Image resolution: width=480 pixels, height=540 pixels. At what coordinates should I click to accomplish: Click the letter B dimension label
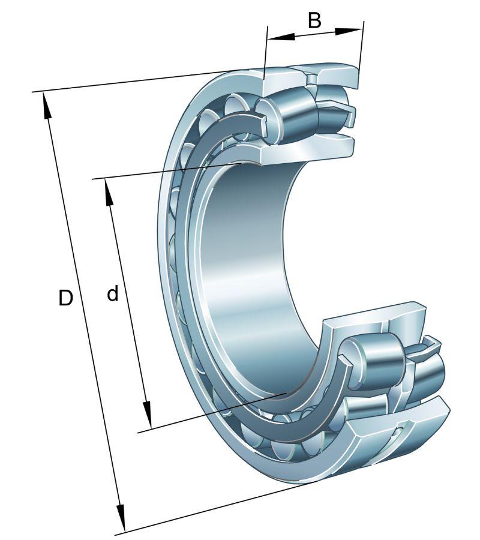(x=314, y=20)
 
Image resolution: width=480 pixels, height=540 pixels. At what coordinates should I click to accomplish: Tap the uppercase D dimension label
(x=65, y=298)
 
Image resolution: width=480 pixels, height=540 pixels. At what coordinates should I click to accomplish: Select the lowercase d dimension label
(x=112, y=294)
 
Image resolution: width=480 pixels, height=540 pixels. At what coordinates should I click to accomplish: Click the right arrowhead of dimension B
(x=349, y=31)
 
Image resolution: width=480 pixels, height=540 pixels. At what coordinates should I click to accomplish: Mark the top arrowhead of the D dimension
(x=46, y=106)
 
